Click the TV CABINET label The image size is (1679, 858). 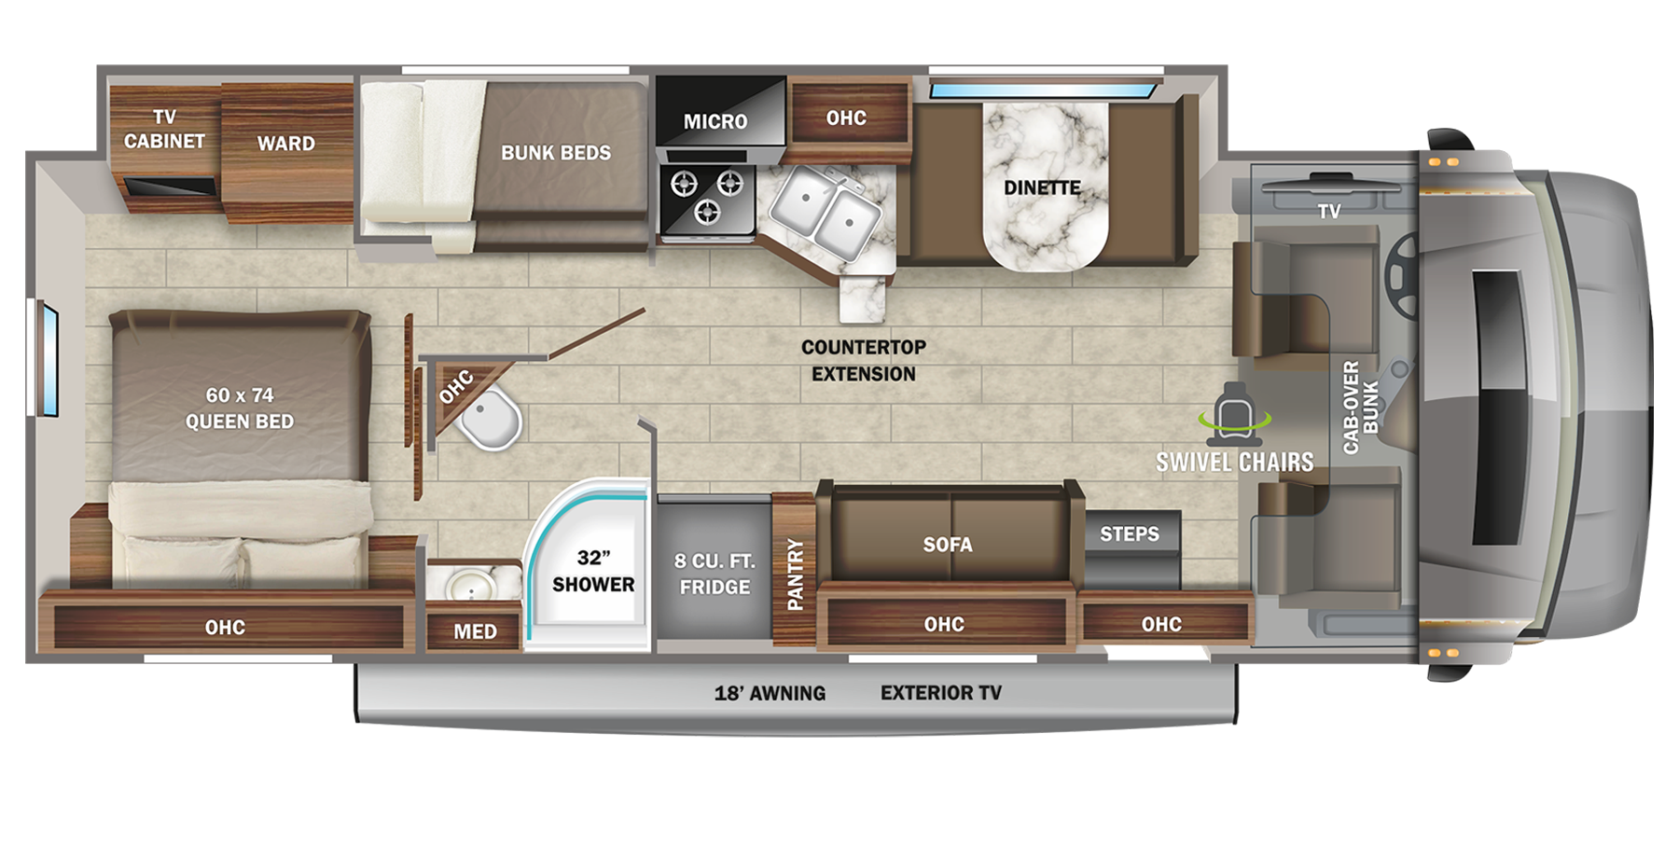164,129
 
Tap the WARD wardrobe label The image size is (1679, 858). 286,144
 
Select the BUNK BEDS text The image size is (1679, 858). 556,153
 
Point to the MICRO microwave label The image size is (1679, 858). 715,121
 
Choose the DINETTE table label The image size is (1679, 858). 1042,187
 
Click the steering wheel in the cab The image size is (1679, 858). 1403,270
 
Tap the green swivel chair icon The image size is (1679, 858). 1238,413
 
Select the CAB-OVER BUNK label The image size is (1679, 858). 1360,408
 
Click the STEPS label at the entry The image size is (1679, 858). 1129,534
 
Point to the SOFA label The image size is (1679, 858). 948,545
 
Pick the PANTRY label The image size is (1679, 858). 795,574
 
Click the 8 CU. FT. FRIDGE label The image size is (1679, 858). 715,574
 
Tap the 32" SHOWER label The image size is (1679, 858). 593,571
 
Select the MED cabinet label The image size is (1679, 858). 475,632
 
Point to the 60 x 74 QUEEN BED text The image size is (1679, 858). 240,408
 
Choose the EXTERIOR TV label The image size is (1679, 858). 940,693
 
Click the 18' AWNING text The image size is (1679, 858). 770,693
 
